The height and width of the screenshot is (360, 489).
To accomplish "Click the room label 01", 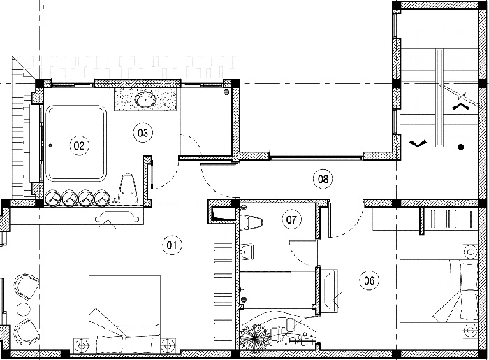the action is point(172,245).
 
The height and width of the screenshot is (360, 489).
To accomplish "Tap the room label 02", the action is point(79,145).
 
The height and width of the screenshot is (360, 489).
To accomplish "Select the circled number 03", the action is point(143,133).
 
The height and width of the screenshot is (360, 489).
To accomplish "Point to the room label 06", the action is point(370,280).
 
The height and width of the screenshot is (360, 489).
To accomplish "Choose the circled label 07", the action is point(292,219).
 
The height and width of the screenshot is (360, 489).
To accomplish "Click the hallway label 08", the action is point(323,179).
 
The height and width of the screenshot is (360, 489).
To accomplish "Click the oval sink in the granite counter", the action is point(145,99).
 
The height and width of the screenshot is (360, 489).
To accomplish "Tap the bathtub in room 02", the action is point(75,143).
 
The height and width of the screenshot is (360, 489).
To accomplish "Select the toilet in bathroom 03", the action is point(129,188).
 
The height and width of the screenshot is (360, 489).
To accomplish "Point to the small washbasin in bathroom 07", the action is point(247,252).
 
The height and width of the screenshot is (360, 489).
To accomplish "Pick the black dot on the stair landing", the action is point(461,147).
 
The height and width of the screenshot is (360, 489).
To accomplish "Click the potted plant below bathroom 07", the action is point(255,337).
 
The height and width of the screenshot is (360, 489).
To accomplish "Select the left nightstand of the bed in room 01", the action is point(82,345).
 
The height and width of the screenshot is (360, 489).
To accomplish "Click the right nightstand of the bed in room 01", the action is point(168,345).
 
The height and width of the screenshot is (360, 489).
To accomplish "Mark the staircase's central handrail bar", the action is point(439,97).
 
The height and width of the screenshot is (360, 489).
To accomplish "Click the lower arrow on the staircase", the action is point(417,143).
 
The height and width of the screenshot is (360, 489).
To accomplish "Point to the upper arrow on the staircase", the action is point(461,107).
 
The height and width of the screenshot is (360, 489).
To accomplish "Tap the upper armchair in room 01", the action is point(27,287).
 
